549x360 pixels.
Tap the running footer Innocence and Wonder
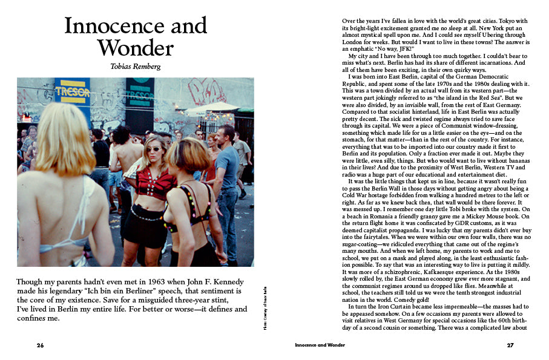point(320,345)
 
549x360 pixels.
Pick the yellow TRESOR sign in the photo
point(72,92)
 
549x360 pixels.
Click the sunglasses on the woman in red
point(153,149)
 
